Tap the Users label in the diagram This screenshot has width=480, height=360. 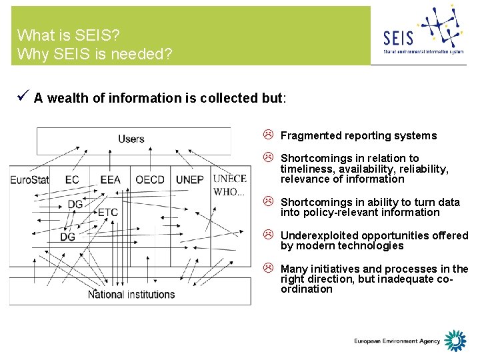(x=131, y=139)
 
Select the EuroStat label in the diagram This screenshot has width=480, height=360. (x=30, y=179)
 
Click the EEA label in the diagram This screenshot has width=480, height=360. (x=111, y=179)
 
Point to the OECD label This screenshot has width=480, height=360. (x=150, y=179)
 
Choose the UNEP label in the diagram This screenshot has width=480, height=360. (x=190, y=179)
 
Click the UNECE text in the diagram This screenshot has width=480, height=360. (x=229, y=178)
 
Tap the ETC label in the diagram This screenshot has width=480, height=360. (x=107, y=213)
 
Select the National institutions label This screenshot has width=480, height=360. (x=131, y=294)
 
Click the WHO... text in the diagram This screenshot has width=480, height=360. (x=229, y=192)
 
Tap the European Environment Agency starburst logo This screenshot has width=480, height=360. (x=456, y=341)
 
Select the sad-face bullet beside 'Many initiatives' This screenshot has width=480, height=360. (x=267, y=269)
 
